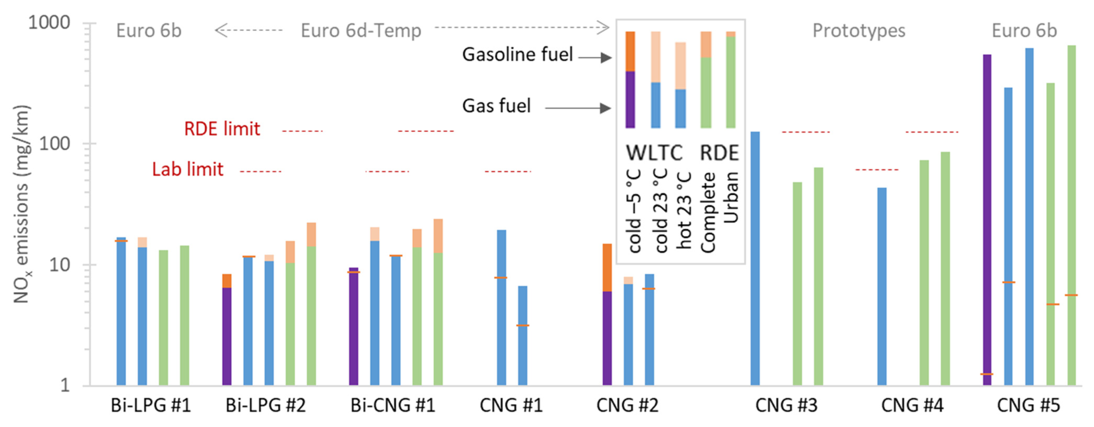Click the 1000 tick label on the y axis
tap(49, 23)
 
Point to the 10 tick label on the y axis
tap(59, 265)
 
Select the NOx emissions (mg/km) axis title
tap(21, 204)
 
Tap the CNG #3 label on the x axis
tap(786, 405)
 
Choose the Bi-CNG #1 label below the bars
tap(393, 405)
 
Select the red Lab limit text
tap(188, 169)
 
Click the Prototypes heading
tap(859, 31)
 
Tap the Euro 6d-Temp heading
tap(361, 31)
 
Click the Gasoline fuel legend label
tap(517, 54)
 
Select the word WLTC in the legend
tap(654, 153)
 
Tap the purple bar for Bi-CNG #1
tap(353, 327)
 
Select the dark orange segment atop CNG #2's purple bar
tap(607, 267)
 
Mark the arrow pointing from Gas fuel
tap(577, 108)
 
